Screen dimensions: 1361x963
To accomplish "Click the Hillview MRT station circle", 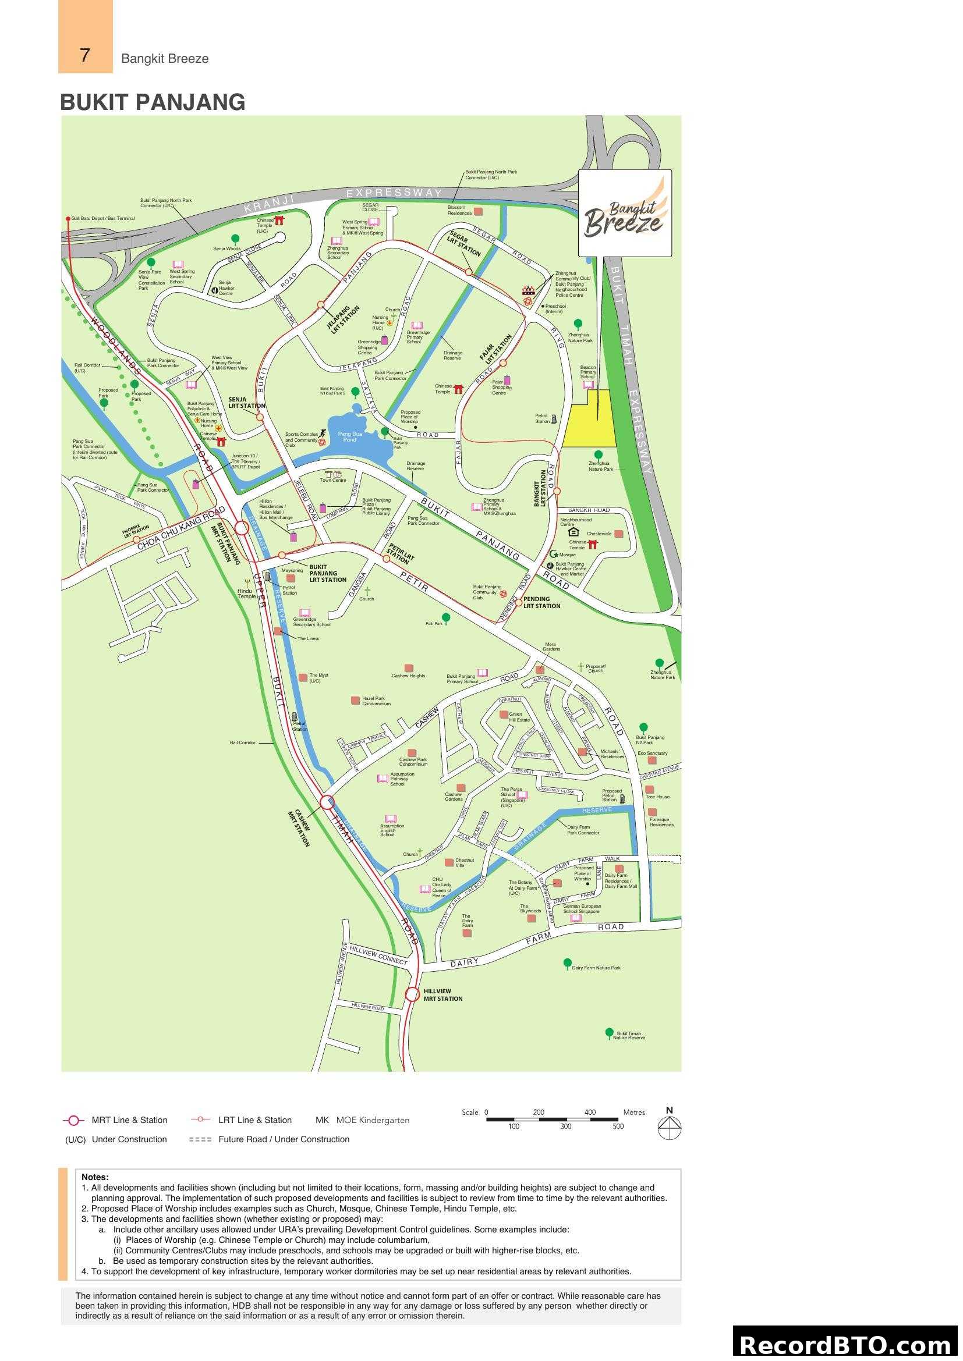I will click(413, 994).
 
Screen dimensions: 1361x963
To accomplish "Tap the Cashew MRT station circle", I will click(327, 802).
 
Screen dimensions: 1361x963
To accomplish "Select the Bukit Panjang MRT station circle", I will click(242, 528).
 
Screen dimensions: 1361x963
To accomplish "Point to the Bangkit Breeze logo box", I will click(625, 214).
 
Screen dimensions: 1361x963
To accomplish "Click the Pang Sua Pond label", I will click(350, 437).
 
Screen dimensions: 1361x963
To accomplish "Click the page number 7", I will click(85, 55).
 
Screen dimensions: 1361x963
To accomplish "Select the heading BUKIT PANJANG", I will click(153, 102).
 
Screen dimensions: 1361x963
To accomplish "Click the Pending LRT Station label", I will click(541, 602).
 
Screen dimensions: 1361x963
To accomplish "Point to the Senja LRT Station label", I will click(246, 403).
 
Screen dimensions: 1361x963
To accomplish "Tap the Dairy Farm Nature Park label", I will click(596, 968).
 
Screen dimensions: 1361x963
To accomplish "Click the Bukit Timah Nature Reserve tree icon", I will click(609, 1033).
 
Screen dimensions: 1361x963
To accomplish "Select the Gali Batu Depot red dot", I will click(68, 219).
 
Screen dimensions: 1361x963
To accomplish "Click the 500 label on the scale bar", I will click(618, 1127).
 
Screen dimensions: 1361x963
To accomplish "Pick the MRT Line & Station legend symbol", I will click(73, 1120).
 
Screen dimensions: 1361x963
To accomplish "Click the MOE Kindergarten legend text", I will click(373, 1120).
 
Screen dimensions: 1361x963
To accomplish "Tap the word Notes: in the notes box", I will click(95, 1177).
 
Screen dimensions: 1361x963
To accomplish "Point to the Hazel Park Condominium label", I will click(376, 701).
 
